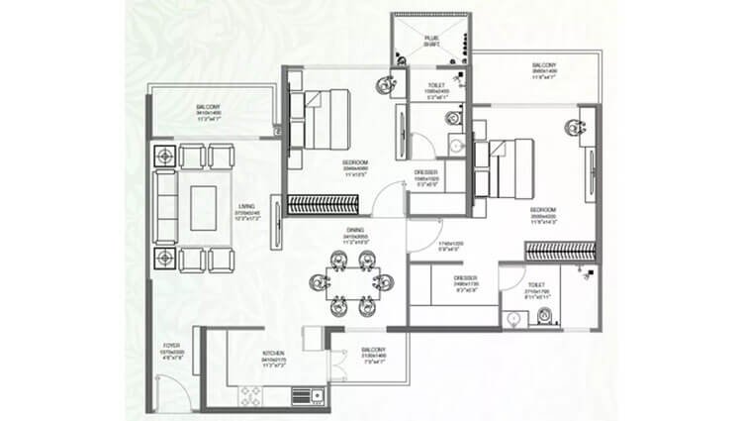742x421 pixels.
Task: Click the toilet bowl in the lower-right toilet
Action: (542, 316)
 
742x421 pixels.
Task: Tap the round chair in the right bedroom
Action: (572, 125)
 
